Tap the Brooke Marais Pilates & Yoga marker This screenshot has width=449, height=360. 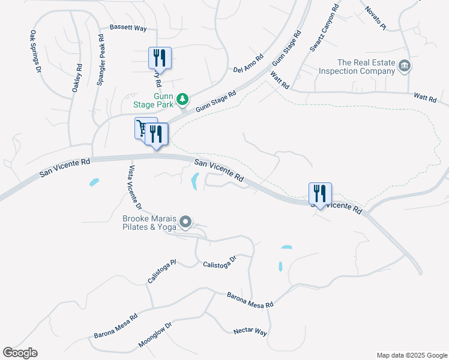[186, 223]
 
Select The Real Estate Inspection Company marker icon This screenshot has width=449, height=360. [405, 65]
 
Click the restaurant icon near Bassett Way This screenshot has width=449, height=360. [160, 58]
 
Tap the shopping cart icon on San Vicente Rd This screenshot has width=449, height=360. [142, 128]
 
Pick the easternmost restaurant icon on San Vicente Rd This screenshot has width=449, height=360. [320, 193]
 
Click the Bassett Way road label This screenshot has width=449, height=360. [128, 28]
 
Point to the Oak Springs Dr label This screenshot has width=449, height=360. [35, 52]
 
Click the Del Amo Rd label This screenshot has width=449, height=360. [249, 62]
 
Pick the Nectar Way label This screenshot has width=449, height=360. [250, 331]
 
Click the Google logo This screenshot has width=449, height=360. [20, 353]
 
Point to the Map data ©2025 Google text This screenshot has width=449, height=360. [412, 355]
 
